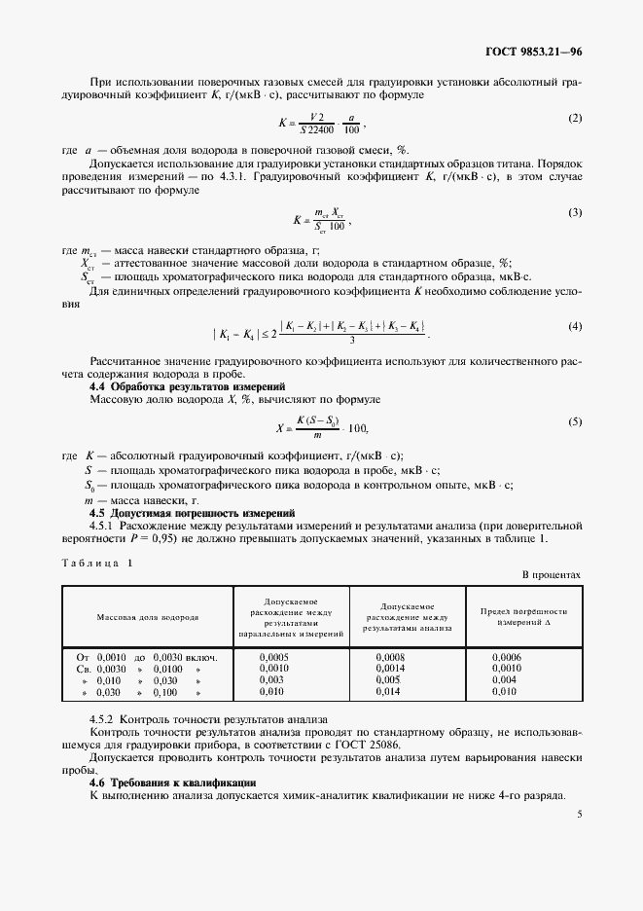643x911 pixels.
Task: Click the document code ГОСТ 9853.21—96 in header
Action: pyautogui.click(x=533, y=52)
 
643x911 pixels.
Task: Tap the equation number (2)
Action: pyautogui.click(x=574, y=118)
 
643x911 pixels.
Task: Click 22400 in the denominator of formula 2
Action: pyautogui.click(x=318, y=129)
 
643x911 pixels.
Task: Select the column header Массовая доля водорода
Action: pyautogui.click(x=148, y=617)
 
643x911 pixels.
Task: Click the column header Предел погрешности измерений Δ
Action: pyautogui.click(x=523, y=616)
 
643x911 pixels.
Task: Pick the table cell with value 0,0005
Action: pyautogui.click(x=274, y=657)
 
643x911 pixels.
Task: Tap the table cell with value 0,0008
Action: pyautogui.click(x=390, y=657)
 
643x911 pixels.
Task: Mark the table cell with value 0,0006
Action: pyautogui.click(x=507, y=657)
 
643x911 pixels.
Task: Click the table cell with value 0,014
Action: pyautogui.click(x=388, y=691)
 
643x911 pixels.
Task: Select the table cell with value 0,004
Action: pyautogui.click(x=505, y=679)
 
